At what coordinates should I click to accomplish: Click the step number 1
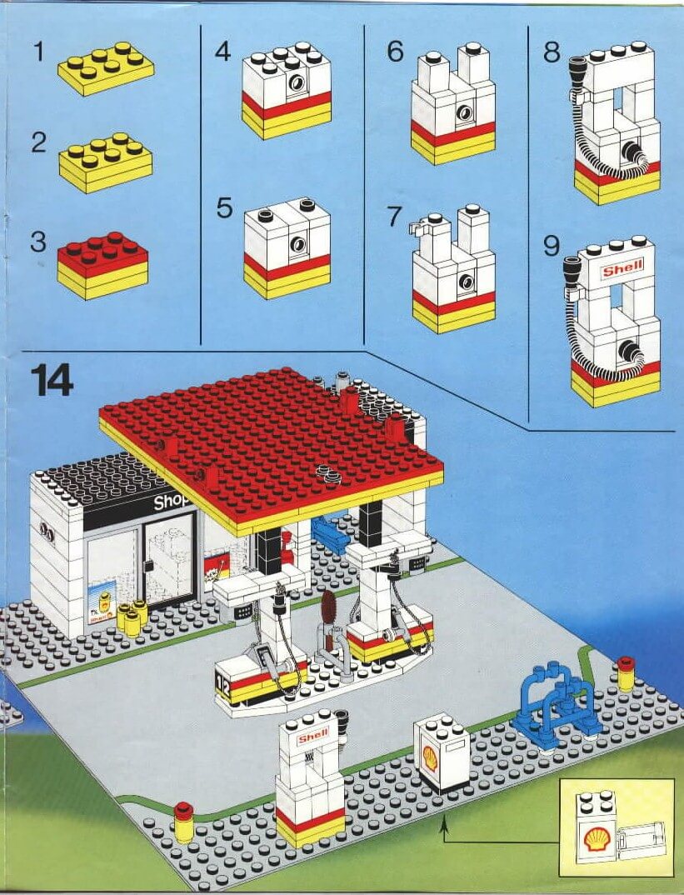point(38,52)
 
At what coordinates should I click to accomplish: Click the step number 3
point(38,242)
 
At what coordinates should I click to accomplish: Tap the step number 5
point(224,208)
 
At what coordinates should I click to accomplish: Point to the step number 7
point(394,217)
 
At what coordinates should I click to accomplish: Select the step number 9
point(552,247)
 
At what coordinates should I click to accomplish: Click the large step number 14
point(52,379)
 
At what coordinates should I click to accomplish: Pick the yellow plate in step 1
point(106,68)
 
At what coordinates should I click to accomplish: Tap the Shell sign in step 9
point(622,267)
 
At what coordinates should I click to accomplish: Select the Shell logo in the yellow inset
point(597,838)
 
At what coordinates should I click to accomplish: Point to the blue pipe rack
point(558,698)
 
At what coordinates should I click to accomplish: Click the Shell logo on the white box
point(430,757)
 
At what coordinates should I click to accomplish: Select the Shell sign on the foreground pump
point(313,737)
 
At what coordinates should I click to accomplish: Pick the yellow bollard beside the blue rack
point(626,673)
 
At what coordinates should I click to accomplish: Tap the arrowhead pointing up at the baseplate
point(444,822)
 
